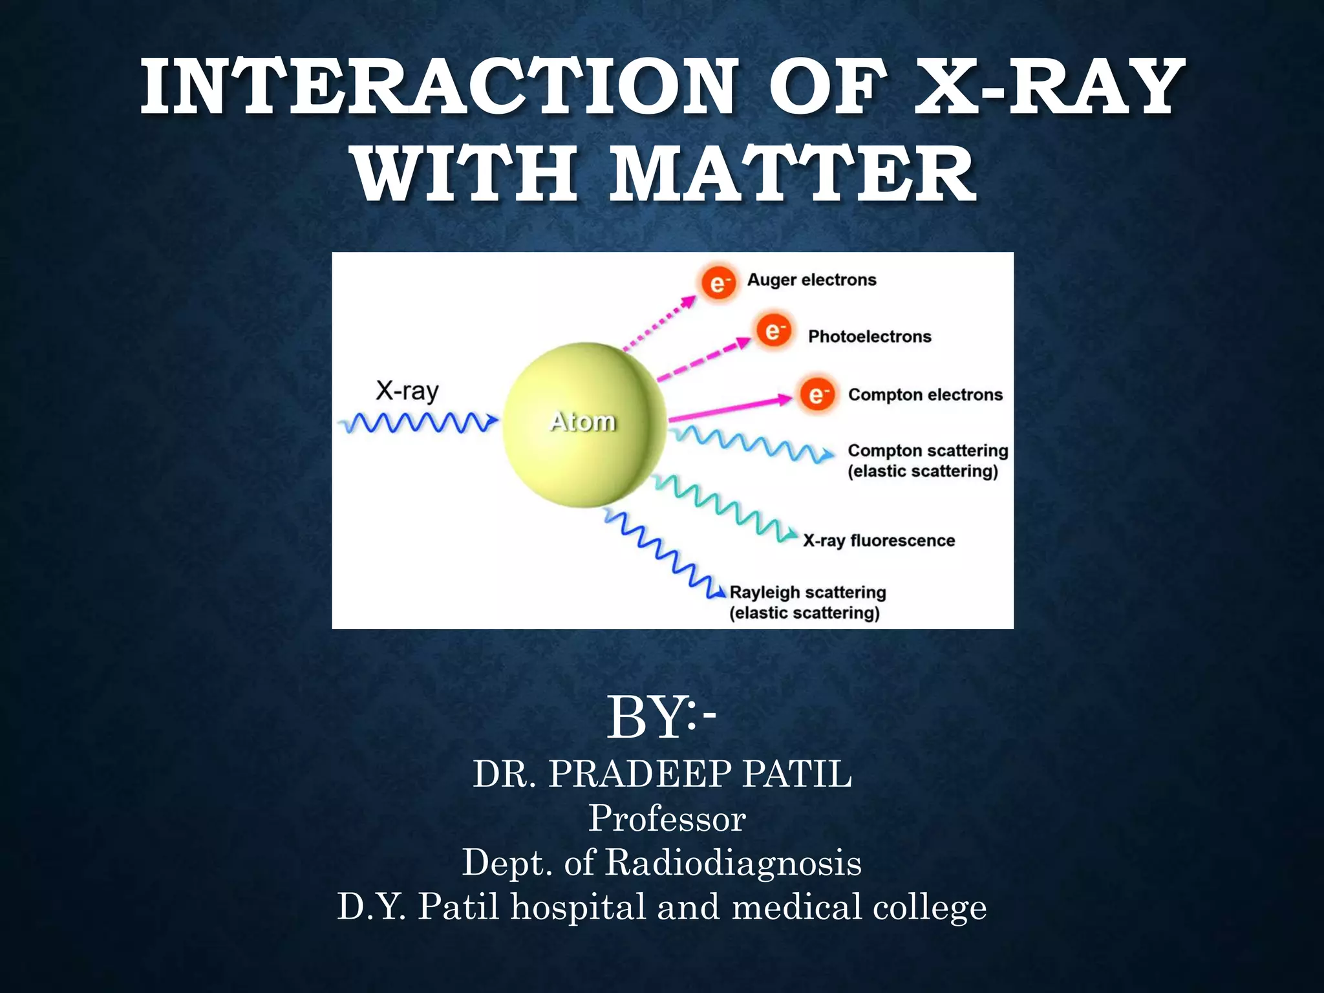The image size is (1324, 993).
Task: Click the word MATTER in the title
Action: click(x=793, y=175)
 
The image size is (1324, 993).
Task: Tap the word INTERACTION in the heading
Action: click(x=440, y=87)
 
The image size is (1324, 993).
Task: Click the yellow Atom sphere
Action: click(x=584, y=423)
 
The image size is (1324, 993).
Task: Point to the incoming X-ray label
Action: click(x=407, y=391)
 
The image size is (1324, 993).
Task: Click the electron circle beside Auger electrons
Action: click(x=718, y=283)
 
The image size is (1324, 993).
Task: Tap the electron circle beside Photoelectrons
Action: click(x=773, y=331)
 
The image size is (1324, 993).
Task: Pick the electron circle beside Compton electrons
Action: click(x=817, y=394)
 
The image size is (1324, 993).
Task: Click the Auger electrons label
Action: click(x=811, y=280)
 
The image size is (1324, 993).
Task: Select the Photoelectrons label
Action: click(x=870, y=336)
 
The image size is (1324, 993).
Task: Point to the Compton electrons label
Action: click(x=925, y=394)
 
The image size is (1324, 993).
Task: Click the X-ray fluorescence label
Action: click(x=879, y=540)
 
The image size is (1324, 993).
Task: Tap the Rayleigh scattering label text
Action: click(x=807, y=593)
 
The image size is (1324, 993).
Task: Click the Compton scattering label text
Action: click(x=928, y=451)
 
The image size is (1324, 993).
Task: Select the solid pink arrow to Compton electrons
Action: click(x=731, y=409)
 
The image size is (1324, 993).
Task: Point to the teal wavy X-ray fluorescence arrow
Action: click(x=724, y=507)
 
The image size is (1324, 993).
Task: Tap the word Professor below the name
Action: click(x=667, y=818)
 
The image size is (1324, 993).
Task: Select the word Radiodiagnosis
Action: click(x=732, y=862)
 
